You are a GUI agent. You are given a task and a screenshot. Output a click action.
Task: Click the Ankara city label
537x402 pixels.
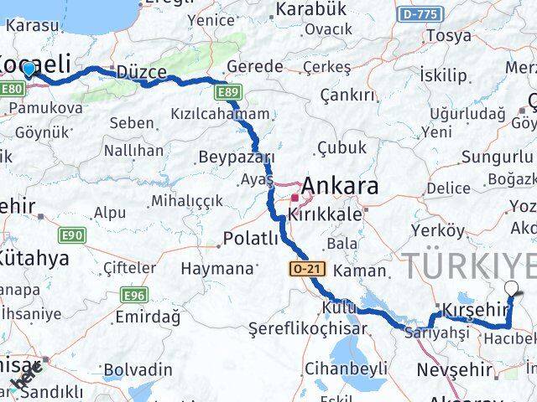click(339, 185)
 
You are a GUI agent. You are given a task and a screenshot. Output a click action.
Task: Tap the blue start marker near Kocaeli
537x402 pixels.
click(29, 69)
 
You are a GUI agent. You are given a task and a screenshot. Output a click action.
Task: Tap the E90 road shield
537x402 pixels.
click(70, 235)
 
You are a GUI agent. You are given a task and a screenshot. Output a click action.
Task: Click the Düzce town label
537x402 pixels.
click(141, 71)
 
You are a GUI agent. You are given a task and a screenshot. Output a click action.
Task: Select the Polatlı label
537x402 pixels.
click(250, 240)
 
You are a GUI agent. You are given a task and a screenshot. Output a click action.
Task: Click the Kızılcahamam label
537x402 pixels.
click(221, 114)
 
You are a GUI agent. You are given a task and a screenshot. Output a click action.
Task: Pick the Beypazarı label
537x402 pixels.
click(237, 157)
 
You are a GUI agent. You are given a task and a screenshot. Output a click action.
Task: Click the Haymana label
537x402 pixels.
click(217, 269)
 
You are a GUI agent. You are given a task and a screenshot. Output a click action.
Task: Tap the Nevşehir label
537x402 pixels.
click(452, 369)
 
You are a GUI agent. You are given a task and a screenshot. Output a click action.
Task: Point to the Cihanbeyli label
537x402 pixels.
click(345, 368)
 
